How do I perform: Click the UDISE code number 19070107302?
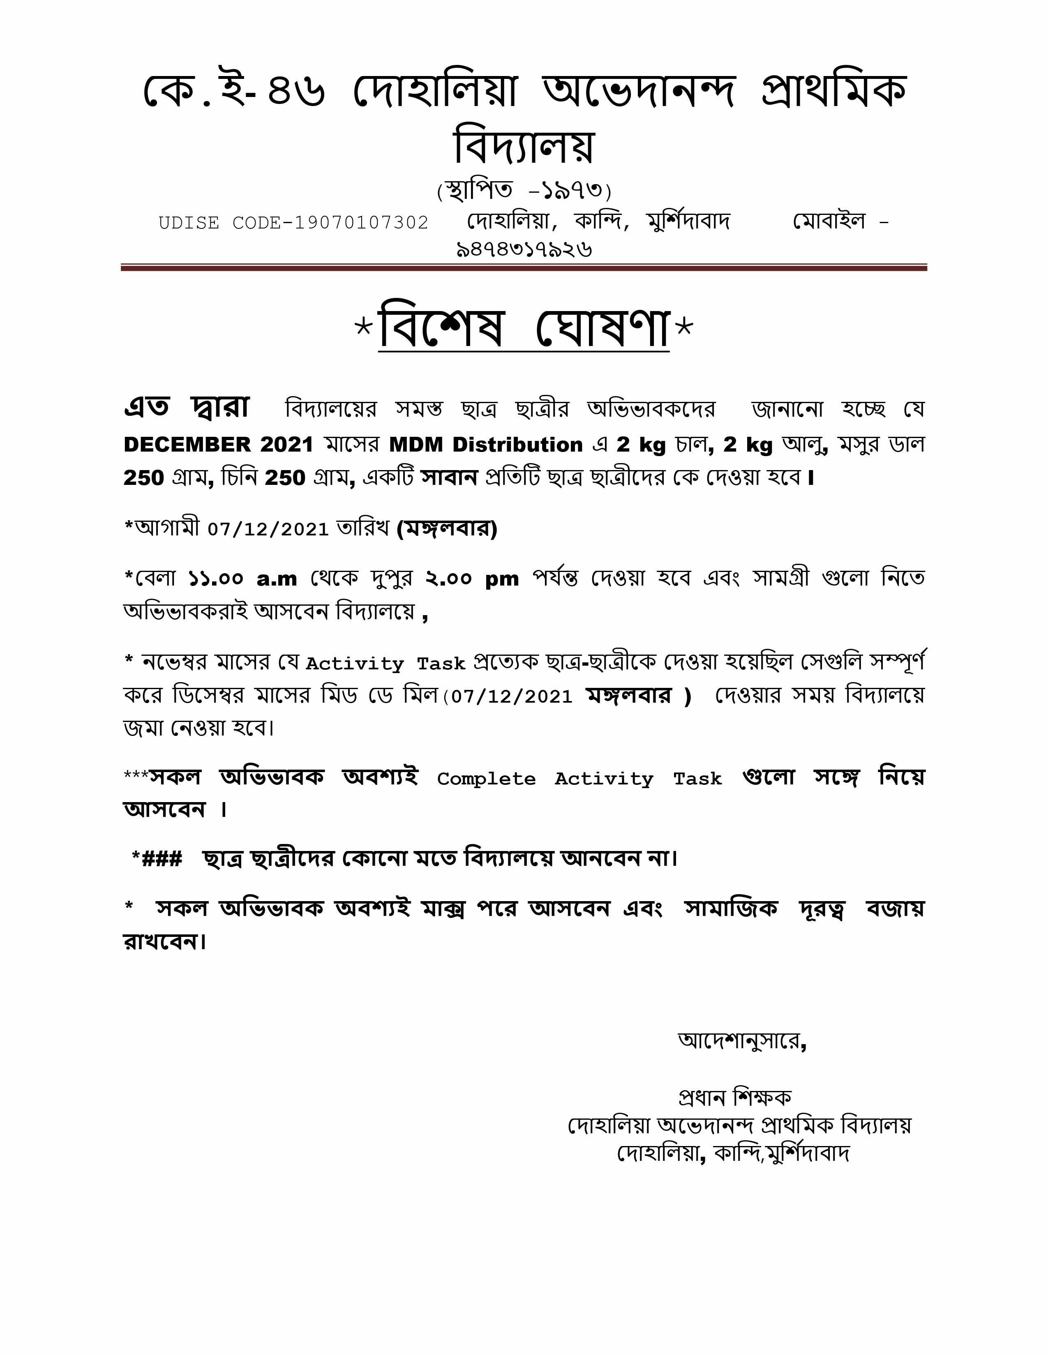click(x=361, y=223)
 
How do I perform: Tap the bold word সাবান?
click(x=449, y=477)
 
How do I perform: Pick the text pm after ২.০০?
click(x=502, y=579)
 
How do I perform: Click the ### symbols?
click(x=162, y=859)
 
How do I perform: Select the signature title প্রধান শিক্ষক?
click(x=735, y=1098)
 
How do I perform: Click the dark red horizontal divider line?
click(x=523, y=268)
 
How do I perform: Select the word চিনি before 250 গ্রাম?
click(x=239, y=477)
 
